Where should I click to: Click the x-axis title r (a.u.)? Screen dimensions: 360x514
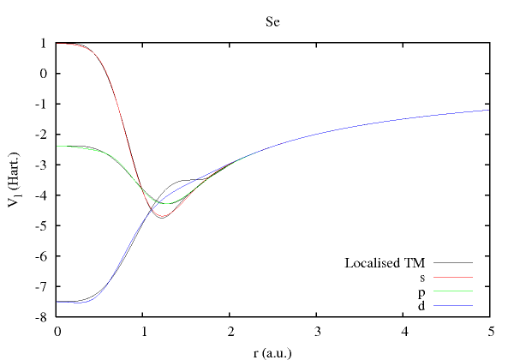pos(272,350)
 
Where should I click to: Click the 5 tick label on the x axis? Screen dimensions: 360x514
pos(489,331)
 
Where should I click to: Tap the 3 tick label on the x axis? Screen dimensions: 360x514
pos(316,331)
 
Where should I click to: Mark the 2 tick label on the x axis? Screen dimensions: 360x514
pos(230,331)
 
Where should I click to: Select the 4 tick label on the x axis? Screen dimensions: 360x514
pos(403,331)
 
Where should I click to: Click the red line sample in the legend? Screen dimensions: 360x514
pos(454,278)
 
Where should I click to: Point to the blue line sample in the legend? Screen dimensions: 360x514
pos(454,305)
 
